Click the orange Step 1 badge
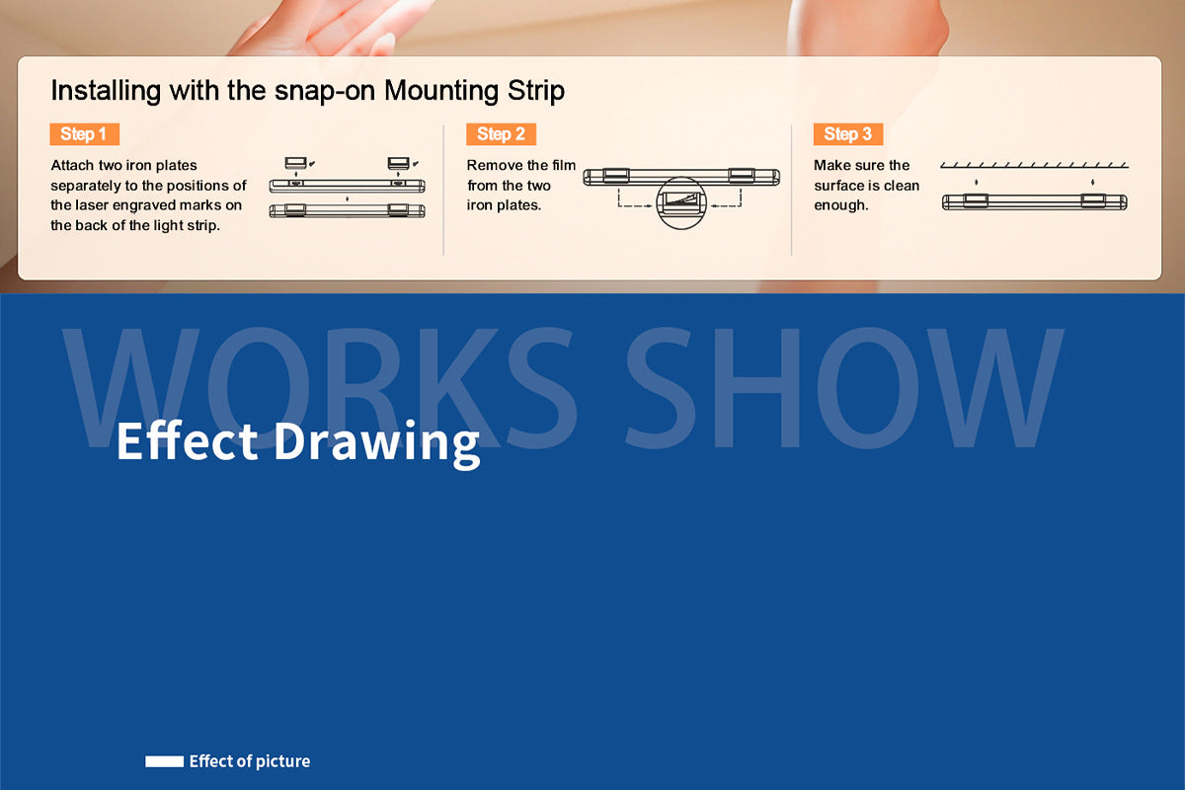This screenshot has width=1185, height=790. coord(85,134)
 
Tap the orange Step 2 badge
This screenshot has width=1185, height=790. coord(501,134)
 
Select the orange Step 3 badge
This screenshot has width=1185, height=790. coord(848,134)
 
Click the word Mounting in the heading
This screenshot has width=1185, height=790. coord(441,91)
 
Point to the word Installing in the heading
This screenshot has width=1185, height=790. coord(106,91)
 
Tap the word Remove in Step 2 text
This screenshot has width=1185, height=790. coord(493,165)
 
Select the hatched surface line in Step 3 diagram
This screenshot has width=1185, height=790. coord(1034,166)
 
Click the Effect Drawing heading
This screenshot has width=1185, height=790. coord(298,442)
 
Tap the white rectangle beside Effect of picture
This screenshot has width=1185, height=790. coord(165,761)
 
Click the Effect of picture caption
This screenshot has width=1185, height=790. coord(250,761)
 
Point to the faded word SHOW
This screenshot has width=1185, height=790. coord(844,388)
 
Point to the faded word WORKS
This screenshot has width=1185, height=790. coord(320,388)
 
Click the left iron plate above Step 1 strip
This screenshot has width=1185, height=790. coord(295,163)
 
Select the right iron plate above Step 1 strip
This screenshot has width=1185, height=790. coord(398,163)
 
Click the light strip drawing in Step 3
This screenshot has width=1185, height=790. coord(1034,202)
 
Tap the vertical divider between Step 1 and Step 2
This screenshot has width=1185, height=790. coord(443,190)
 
